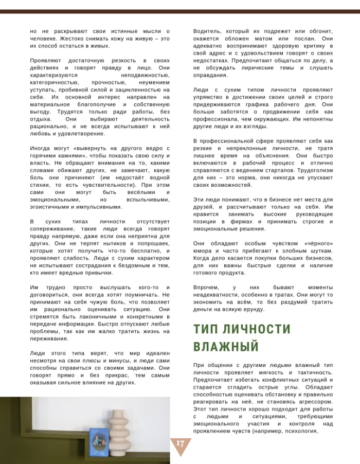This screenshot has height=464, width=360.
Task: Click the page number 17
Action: click(x=180, y=444)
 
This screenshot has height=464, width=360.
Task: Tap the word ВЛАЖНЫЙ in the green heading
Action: click(x=226, y=347)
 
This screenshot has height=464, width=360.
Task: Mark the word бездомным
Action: click(x=133, y=265)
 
